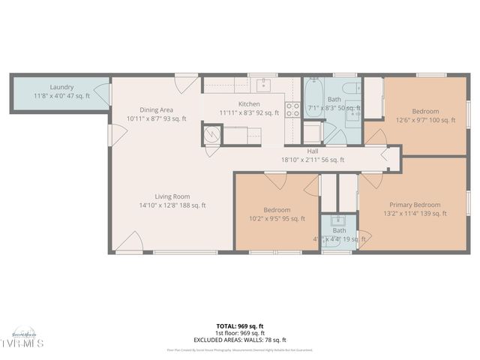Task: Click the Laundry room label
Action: click(x=61, y=87)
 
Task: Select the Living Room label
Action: click(x=172, y=196)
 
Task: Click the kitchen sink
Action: click(x=263, y=84)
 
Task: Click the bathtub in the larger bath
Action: click(x=312, y=96)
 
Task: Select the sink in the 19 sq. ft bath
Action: click(x=337, y=221)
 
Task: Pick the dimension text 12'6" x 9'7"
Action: click(x=425, y=120)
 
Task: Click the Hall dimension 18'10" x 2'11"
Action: click(x=313, y=160)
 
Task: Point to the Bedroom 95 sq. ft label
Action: click(x=277, y=210)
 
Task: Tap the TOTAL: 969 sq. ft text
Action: click(x=240, y=326)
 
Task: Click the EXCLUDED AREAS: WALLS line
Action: click(x=240, y=339)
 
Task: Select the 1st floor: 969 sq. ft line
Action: click(x=240, y=333)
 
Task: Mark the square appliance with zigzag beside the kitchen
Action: click(x=213, y=134)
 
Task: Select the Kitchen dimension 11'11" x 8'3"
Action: click(x=249, y=113)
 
